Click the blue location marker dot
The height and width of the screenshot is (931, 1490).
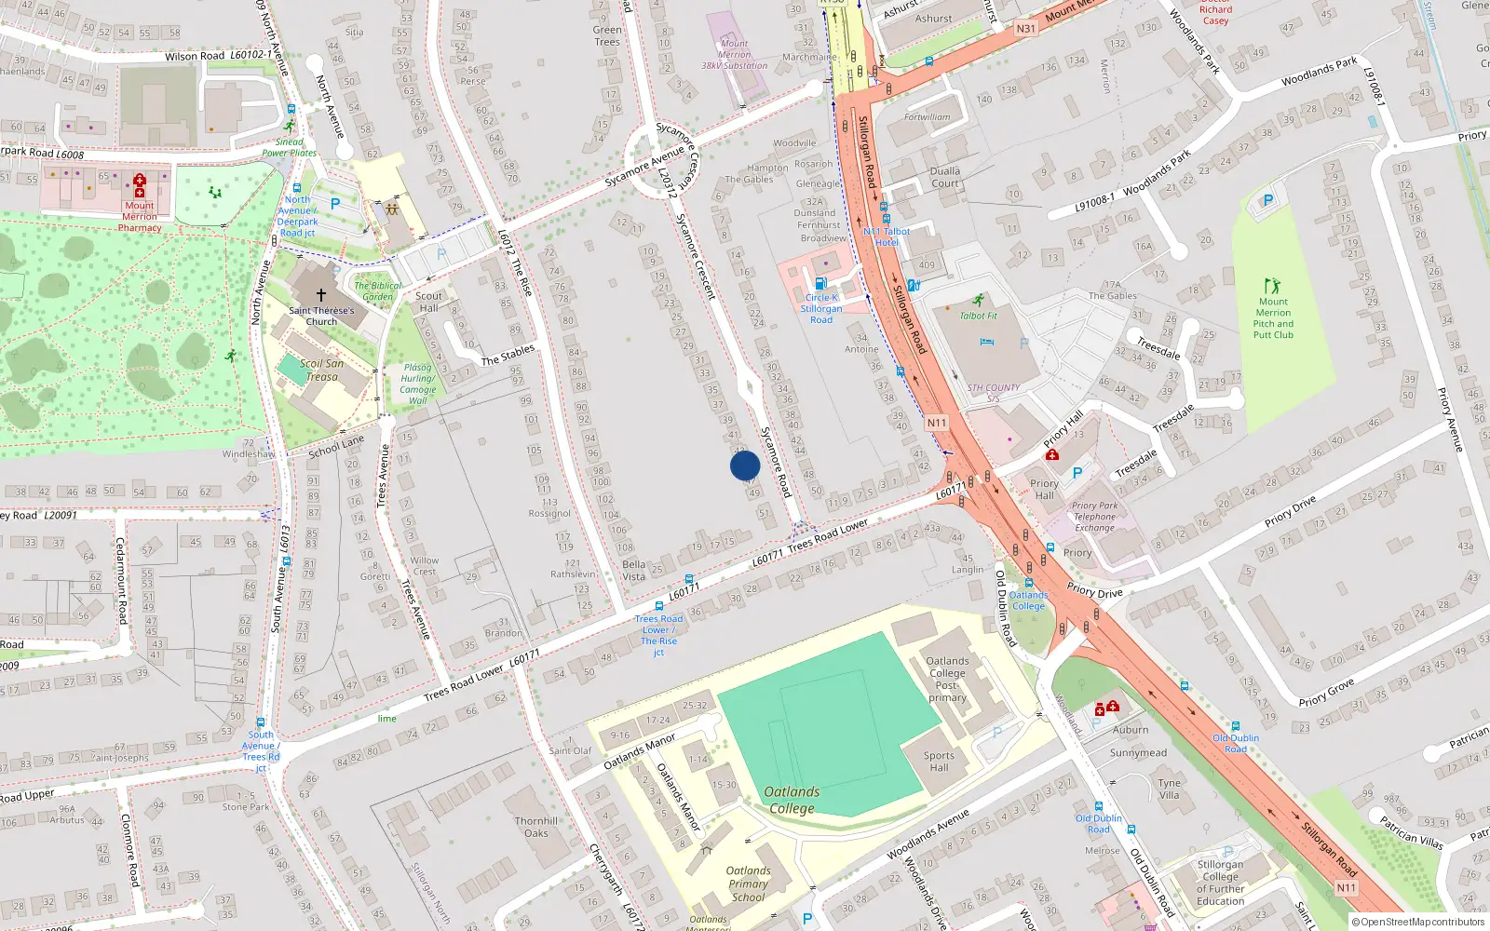pos(745,465)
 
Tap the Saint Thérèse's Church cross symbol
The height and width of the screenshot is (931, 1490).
pos(321,294)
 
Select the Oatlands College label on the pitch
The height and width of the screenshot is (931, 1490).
pos(792,800)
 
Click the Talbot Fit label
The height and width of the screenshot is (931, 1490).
pos(979,316)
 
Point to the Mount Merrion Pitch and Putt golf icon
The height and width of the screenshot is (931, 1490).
pos(1272,286)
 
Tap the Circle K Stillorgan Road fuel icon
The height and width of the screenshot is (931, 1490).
pos(820,283)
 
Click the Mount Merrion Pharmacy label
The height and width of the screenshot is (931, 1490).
pos(140,217)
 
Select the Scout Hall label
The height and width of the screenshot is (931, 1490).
pos(429,302)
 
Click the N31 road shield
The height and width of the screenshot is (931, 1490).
pos(1025,29)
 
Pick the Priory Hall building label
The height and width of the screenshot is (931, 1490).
pos(1044,490)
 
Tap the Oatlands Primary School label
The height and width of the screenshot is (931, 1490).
pos(748,884)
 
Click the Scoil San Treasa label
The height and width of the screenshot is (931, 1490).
pos(322,371)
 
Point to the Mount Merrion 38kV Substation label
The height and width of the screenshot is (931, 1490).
pos(735,55)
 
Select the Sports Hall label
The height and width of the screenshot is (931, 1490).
pos(939,762)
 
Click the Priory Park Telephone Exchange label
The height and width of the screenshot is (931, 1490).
pos(1095,517)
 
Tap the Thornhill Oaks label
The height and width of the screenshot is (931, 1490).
pos(536,827)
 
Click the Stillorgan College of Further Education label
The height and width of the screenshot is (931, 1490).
pos(1220,883)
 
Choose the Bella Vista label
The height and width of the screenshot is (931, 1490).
pos(634,570)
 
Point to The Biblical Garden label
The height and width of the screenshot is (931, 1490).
pos(378,291)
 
